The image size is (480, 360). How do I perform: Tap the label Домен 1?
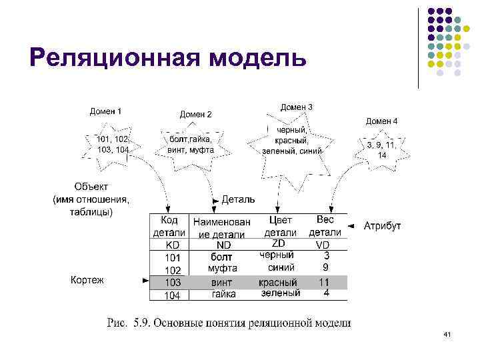[x=105, y=111]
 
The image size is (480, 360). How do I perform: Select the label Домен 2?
[x=195, y=114]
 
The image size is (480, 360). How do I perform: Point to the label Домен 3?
[x=296, y=107]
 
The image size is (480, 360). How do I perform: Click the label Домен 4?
[x=382, y=121]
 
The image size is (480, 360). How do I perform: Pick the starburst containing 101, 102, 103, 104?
[x=113, y=145]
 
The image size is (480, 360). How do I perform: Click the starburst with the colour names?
[x=292, y=141]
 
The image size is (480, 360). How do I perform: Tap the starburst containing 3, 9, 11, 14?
[x=381, y=149]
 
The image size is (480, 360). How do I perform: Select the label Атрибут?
[x=382, y=226]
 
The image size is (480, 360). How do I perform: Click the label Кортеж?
[x=87, y=280]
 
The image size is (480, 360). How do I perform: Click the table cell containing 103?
[x=173, y=283]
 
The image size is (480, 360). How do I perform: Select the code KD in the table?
[x=173, y=245]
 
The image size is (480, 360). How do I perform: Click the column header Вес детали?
[x=325, y=225]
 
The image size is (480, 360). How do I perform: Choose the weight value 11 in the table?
[x=325, y=281]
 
